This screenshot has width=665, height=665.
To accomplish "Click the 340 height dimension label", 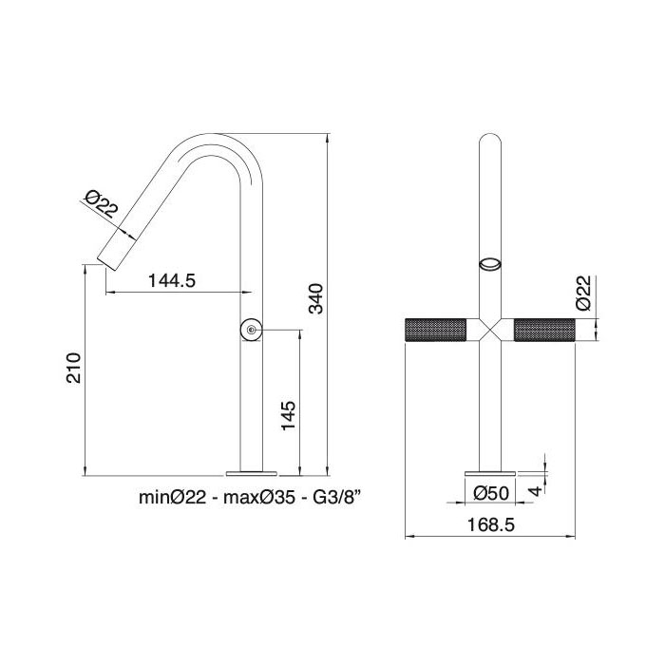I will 318,298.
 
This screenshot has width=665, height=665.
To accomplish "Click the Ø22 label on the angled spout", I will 101,203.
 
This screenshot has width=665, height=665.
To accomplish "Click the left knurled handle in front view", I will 437,331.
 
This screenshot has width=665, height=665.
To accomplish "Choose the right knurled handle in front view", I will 545,331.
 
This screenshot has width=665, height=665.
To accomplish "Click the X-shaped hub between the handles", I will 491,331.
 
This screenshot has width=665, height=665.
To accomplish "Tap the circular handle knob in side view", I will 250,331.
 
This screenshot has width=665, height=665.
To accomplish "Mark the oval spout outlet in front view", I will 491,264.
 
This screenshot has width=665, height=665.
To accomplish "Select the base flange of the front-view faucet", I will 491,471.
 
